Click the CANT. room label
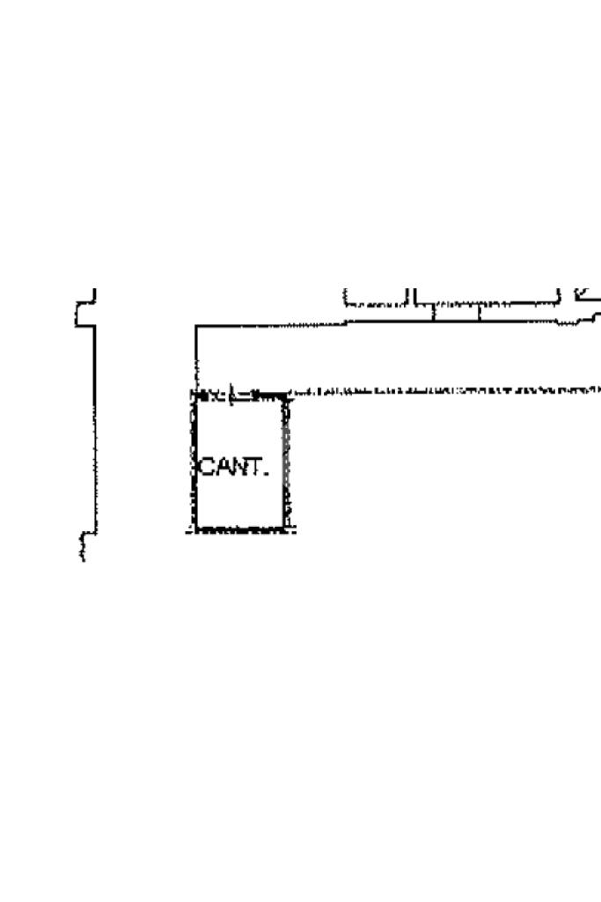coord(232,467)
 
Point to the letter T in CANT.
coord(253,467)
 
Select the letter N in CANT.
coord(238,467)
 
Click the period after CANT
coord(264,474)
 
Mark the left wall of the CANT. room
coord(194,462)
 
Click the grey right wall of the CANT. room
coord(285,462)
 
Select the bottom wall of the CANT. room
coord(240,529)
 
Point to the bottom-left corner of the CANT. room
coord(194,529)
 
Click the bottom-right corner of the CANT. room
coord(286,529)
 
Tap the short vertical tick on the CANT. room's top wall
coord(231,396)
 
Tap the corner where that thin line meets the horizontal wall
coord(195,326)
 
